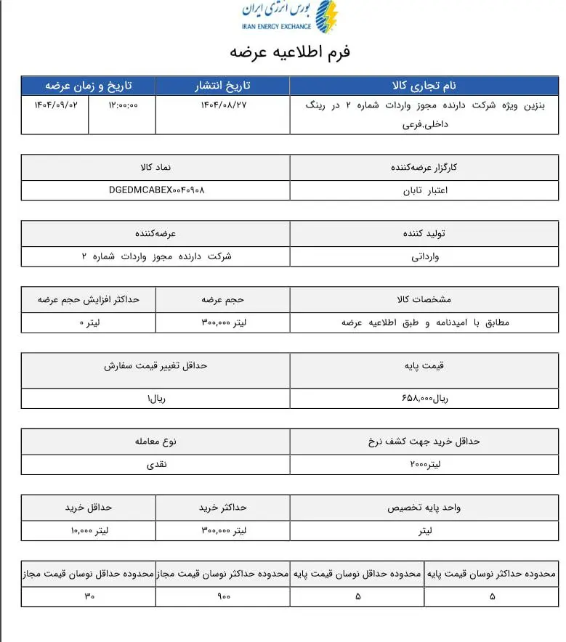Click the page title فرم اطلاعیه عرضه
(x=290, y=52)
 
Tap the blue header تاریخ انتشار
(x=222, y=85)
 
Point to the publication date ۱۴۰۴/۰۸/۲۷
(x=222, y=105)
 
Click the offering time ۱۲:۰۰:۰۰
(x=122, y=105)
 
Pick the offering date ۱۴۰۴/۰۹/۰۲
(x=55, y=105)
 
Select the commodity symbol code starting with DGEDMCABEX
(x=155, y=190)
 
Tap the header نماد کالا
(x=155, y=167)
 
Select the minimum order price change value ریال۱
(x=157, y=399)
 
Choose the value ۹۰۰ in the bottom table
(x=223, y=596)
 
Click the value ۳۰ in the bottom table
(x=89, y=596)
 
